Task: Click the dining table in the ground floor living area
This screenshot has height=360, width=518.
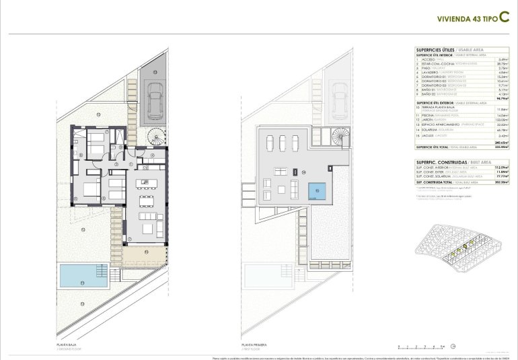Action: [147, 201]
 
